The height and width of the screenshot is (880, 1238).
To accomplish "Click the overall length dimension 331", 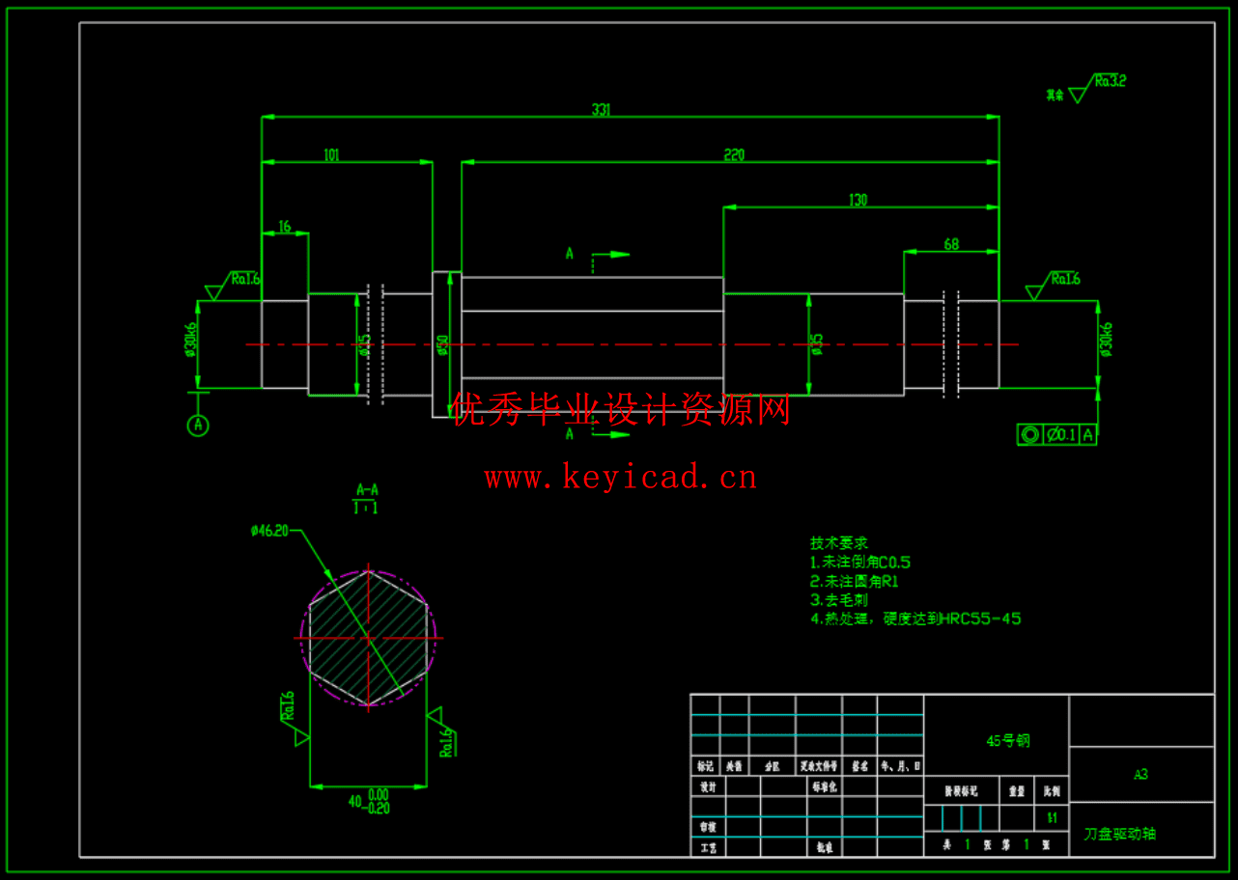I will (601, 110).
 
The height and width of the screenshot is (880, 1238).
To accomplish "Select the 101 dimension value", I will (331, 155).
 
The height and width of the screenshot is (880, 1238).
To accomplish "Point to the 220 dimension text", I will (734, 155).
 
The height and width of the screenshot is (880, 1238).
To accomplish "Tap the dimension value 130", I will (858, 201).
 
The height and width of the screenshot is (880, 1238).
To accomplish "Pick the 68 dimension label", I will (951, 245).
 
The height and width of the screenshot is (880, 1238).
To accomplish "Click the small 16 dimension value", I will (284, 227).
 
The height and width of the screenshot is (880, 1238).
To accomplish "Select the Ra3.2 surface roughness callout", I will (1110, 82).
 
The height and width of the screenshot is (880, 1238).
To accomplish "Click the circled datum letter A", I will (198, 425).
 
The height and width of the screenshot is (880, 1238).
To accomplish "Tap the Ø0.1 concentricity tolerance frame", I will (1056, 435).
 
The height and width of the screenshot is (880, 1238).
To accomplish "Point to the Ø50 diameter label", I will (443, 344).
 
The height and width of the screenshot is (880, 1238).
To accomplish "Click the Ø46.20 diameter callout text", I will (269, 530).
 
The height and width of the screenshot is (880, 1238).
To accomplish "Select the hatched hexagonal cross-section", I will (368, 638).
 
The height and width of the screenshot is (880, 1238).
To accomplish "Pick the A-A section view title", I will (367, 489).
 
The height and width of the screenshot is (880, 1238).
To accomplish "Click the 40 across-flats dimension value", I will (355, 801).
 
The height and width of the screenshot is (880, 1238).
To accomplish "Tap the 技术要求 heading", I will (838, 543).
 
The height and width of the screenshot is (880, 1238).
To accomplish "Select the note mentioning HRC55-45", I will (915, 619).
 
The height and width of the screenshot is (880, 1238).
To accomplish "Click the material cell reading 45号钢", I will (1007, 741).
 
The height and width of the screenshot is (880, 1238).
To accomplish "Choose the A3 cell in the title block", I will (1140, 774).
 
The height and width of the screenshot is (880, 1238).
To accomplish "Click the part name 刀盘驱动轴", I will (1119, 834).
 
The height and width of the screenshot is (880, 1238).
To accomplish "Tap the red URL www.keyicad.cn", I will (621, 477).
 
